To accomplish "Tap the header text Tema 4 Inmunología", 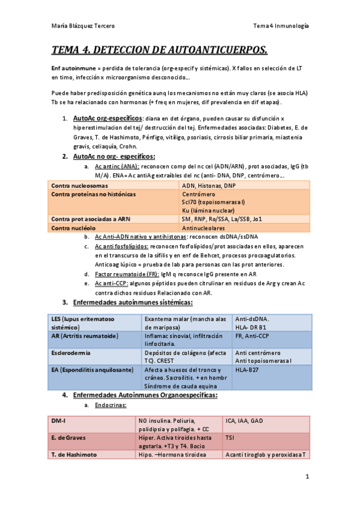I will [x=281, y=26].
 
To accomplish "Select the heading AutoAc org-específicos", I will [x=107, y=118].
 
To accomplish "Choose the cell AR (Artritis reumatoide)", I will [x=85, y=335].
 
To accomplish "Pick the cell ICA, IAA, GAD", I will [x=244, y=420].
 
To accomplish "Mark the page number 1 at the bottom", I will [x=307, y=477].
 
